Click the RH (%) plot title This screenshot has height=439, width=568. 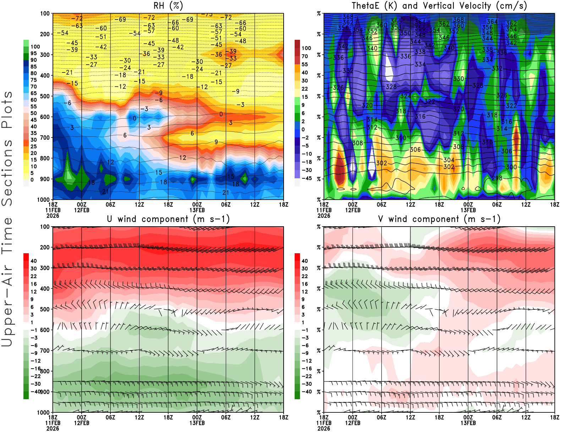pos(168,6)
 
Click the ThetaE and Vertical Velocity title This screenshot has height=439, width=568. pos(439,6)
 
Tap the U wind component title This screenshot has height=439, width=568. pos(168,219)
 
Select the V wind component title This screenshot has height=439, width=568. pos(439,219)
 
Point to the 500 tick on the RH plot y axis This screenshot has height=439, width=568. pos(45,96)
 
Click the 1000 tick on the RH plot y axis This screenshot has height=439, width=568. pos(44,200)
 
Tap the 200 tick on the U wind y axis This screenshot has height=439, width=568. pos(45,248)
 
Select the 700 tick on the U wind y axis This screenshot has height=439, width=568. pos(45,351)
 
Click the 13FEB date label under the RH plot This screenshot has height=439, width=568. pos(197,210)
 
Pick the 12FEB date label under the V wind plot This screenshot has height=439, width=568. pos(353,423)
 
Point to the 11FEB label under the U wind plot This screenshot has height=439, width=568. pos(53,423)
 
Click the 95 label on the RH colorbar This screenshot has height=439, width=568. pos(34,53)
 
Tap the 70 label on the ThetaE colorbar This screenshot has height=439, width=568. pos(305,56)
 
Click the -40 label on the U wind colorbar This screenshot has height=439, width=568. pos(35,391)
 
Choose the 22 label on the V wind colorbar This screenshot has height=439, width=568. pos(305,276)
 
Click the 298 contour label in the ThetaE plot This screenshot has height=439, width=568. pos(497,178)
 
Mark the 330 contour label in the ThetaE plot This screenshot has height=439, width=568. pos(458,79)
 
